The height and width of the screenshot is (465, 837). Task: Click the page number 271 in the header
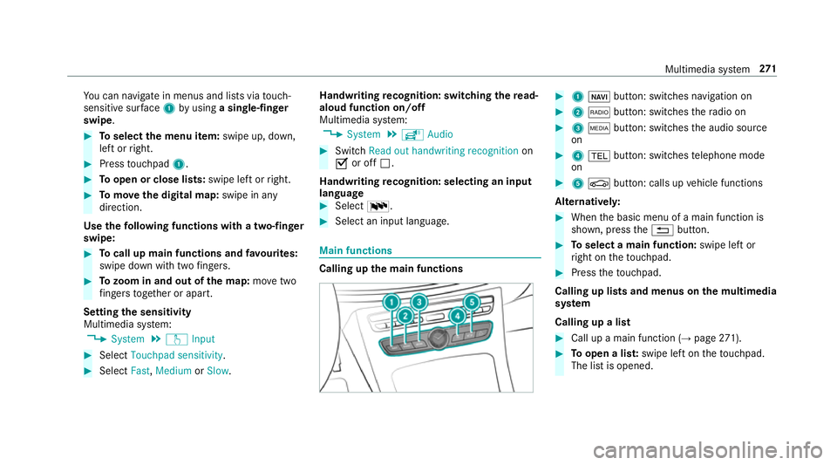[767, 69]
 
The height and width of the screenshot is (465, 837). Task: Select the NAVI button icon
[599, 97]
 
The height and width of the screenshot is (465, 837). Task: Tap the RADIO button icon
[599, 113]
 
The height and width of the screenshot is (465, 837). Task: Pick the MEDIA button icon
[599, 128]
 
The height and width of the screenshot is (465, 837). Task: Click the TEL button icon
[599, 156]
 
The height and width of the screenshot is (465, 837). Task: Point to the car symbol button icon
[599, 184]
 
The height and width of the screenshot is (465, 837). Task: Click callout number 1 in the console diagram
[391, 303]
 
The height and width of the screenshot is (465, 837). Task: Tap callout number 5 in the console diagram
[472, 303]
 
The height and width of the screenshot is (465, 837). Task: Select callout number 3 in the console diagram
[419, 303]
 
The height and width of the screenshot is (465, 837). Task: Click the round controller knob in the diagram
[438, 338]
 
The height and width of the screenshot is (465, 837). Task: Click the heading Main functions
[356, 250]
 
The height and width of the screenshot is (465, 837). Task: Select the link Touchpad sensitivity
[177, 356]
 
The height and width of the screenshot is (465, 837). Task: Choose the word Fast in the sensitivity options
[139, 371]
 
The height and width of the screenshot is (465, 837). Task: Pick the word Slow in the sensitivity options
[218, 371]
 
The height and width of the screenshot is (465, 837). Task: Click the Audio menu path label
[439, 134]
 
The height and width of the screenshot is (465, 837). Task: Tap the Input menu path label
[203, 339]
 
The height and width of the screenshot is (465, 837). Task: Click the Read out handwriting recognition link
[444, 151]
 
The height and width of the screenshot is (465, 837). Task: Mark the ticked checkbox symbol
[342, 164]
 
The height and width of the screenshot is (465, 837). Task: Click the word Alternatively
[588, 202]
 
